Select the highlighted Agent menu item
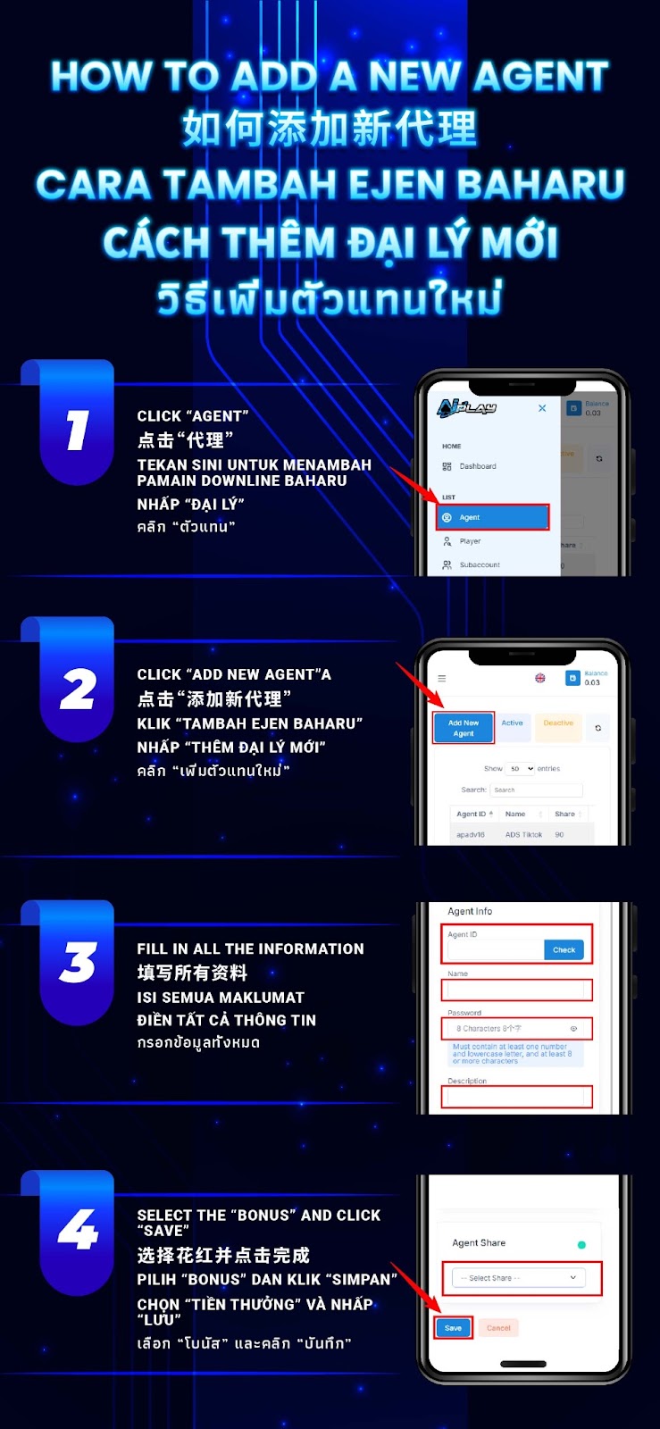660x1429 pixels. (492, 517)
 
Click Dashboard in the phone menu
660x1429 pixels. (477, 466)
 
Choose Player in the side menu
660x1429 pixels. (470, 541)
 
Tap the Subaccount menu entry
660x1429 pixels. (479, 564)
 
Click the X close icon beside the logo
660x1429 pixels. (542, 408)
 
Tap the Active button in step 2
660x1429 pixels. (513, 723)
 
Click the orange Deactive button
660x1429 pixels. (558, 723)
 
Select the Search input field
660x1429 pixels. (536, 790)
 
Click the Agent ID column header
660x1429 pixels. (473, 814)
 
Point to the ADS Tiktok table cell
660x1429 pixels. (523, 834)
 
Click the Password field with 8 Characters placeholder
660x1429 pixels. (516, 1029)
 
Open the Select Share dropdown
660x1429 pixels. (518, 1278)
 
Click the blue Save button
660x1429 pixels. (454, 1328)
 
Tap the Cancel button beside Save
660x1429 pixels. (498, 1328)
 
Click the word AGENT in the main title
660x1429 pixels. (540, 77)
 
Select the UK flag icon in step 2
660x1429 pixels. (540, 679)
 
